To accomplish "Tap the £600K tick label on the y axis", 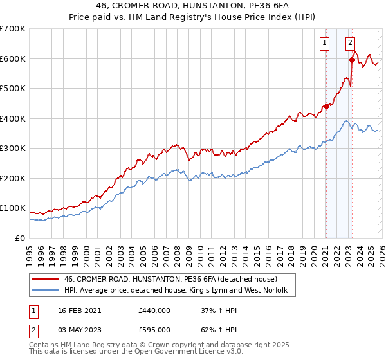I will (x=13, y=59).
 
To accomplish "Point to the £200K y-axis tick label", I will (x=13, y=178).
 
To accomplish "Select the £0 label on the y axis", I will (x=20, y=238).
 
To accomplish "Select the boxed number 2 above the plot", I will (x=350, y=44).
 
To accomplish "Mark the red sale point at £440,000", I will (x=326, y=107).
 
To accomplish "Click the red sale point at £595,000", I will (x=352, y=60).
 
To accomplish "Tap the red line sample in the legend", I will (x=46, y=279).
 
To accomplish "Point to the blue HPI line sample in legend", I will (x=46, y=291).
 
